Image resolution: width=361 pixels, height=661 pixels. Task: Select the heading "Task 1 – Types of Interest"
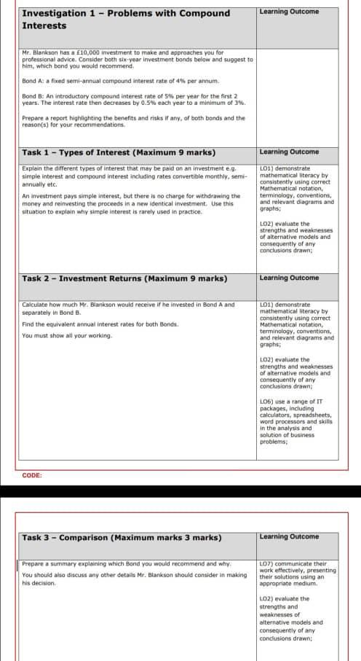click(x=118, y=152)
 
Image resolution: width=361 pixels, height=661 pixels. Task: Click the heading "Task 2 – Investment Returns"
click(x=124, y=278)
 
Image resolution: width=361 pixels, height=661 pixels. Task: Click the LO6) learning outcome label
click(x=266, y=400)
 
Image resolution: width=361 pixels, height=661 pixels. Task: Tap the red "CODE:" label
click(x=32, y=474)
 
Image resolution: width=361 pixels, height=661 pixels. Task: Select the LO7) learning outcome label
click(x=266, y=563)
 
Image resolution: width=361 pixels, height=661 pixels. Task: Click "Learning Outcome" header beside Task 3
click(x=289, y=536)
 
